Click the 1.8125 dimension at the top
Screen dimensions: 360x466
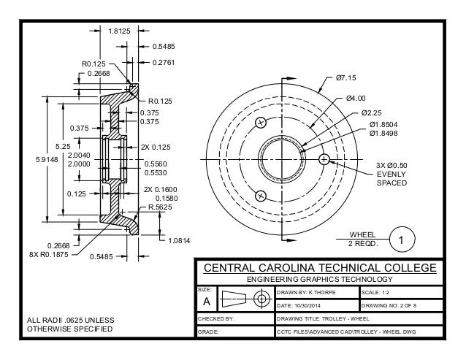coord(120,31)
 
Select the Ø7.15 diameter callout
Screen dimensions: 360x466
coord(345,77)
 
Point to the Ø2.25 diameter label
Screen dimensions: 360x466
coord(372,113)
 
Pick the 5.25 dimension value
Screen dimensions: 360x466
coord(63,145)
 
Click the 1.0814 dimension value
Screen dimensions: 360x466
coord(179,240)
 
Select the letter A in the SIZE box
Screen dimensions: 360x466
coord(206,302)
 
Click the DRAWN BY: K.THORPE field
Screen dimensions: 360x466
coord(308,292)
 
